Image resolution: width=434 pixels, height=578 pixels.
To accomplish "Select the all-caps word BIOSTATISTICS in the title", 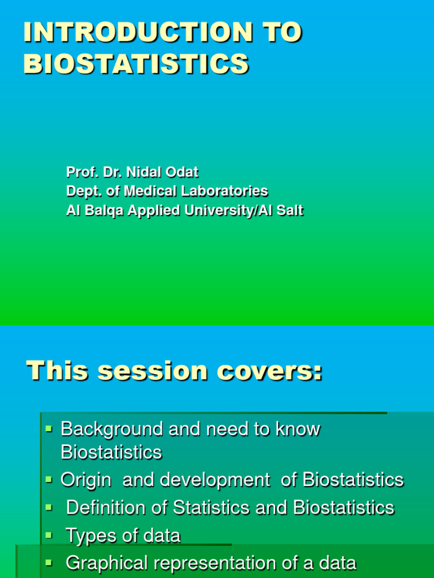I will tap(136, 64).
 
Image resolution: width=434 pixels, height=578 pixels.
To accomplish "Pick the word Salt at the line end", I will tap(290, 211).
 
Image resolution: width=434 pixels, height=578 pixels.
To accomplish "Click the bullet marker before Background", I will tap(49, 430).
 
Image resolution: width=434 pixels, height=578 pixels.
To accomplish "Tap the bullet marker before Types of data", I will tap(49, 535).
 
